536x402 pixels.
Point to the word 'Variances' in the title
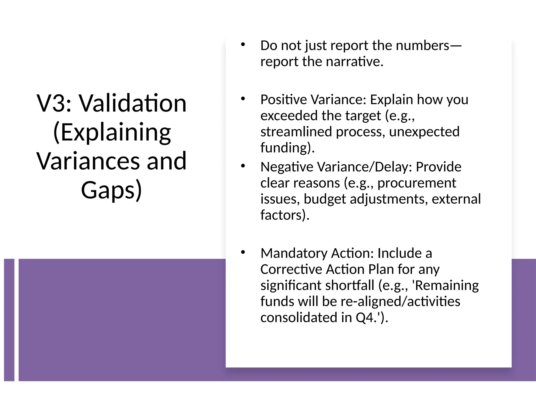click(87, 161)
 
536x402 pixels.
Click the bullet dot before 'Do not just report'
click(243, 45)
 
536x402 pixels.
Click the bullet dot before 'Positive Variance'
click(243, 99)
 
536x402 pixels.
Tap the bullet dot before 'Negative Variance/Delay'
click(243, 166)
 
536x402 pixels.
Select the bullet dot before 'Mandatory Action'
click(243, 252)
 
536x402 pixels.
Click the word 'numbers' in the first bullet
click(422, 46)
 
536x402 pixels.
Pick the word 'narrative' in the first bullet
click(354, 62)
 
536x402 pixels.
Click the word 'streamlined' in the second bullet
click(296, 131)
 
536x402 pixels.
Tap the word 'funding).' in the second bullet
click(287, 148)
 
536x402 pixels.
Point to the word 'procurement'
click(417, 183)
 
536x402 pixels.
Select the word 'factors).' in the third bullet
click(285, 215)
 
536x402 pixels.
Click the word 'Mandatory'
click(294, 253)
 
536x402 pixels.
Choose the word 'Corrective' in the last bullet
click(291, 269)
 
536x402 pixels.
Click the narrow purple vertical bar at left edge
click(9, 320)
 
